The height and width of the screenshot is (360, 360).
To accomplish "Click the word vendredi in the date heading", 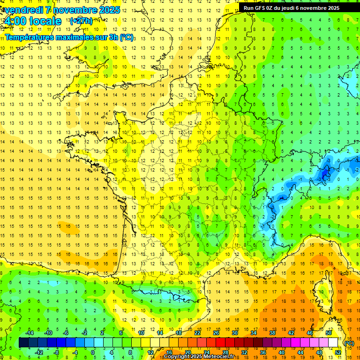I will [22, 10].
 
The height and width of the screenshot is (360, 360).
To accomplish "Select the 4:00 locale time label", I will [32, 21].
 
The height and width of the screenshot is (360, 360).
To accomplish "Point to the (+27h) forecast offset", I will [81, 21].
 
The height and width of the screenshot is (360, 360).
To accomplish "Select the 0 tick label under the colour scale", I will [93, 352].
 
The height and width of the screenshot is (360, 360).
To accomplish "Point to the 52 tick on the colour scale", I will [338, 352].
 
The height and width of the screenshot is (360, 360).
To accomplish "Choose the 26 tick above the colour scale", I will [216, 333].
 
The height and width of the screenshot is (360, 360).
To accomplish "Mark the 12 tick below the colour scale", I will [150, 352].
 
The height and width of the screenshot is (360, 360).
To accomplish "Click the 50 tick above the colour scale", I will [328, 333].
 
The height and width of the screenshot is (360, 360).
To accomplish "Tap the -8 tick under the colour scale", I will [56, 352].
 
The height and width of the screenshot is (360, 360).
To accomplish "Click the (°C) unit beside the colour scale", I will [349, 343].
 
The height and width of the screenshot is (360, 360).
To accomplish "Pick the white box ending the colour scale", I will [333, 343].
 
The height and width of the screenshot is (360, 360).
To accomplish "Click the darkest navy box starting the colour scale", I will [23, 343].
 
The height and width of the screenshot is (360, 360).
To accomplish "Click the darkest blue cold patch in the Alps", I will [323, 176].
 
